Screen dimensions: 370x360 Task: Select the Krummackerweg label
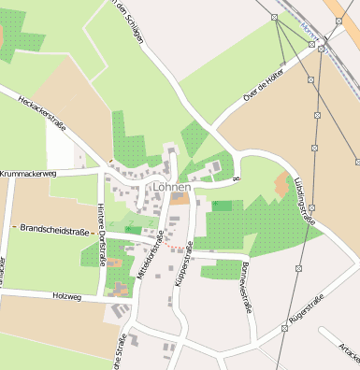click(x=29, y=174)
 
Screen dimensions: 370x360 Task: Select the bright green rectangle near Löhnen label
click(x=222, y=205)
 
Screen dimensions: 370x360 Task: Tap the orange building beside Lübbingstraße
click(x=281, y=184)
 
